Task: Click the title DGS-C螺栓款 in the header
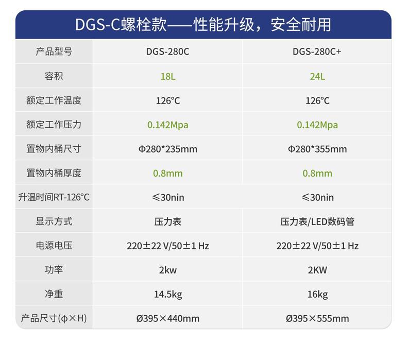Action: [x=121, y=24]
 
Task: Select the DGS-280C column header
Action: [x=167, y=52]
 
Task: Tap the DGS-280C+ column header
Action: [x=317, y=52]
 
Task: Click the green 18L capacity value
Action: [x=167, y=76]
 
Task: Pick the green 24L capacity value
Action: [x=317, y=76]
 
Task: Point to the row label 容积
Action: [x=54, y=76]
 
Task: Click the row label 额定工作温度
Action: [x=54, y=100]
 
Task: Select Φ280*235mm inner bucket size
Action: [x=167, y=149]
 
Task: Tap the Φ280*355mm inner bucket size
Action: [x=317, y=149]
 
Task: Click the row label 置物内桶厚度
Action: [x=54, y=173]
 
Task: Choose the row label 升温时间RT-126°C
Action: [x=54, y=197]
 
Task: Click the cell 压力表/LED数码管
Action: [x=317, y=222]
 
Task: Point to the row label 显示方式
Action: [x=54, y=221]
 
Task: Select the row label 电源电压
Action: [x=54, y=246]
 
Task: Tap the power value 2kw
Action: [x=167, y=270]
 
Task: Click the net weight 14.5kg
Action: [x=167, y=295]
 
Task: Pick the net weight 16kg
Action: [x=317, y=295]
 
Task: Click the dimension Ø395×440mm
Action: [x=167, y=319]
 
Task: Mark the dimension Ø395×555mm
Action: [x=317, y=319]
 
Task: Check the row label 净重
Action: [x=54, y=294]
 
